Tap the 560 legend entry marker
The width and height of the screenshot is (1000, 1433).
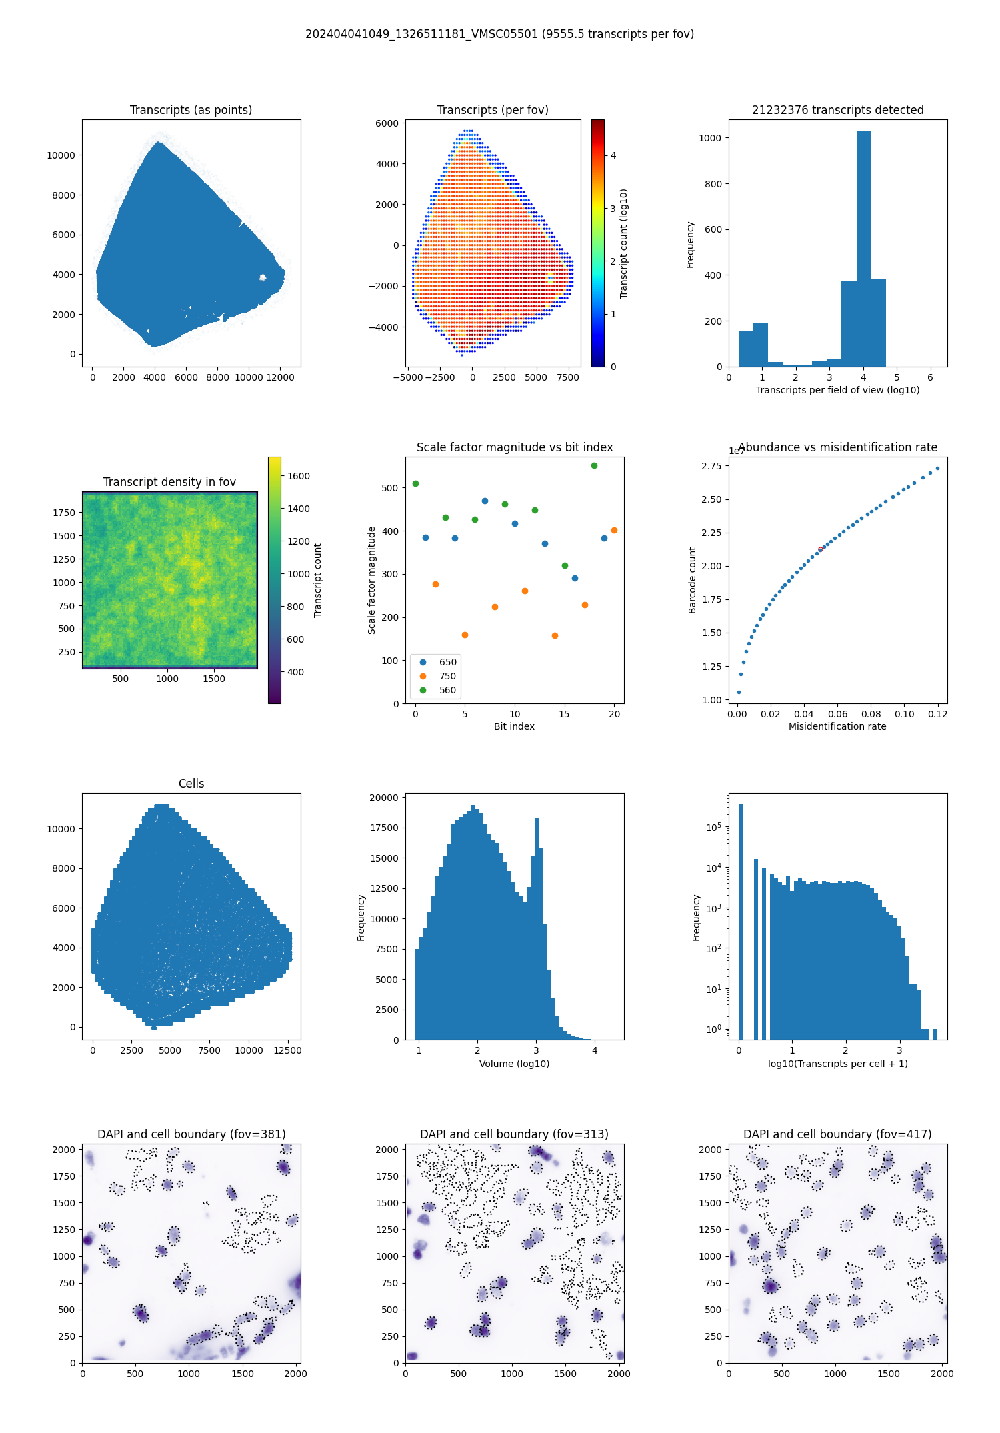tap(423, 690)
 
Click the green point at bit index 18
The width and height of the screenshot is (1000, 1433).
tap(594, 465)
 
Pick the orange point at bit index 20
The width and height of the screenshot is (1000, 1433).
tap(614, 530)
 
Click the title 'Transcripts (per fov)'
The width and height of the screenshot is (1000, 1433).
tap(493, 110)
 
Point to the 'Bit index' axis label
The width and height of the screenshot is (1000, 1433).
tap(514, 726)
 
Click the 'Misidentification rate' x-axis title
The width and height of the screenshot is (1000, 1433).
tap(837, 726)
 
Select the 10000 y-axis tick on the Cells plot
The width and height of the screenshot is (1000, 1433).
tap(61, 829)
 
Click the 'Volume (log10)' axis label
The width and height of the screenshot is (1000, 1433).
tap(514, 1064)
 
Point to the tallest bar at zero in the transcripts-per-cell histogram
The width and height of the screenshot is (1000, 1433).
tap(740, 920)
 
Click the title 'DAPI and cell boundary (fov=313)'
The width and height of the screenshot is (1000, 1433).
tap(514, 1134)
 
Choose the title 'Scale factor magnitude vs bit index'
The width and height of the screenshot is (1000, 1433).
tap(514, 447)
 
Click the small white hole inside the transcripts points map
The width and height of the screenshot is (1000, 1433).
tap(263, 277)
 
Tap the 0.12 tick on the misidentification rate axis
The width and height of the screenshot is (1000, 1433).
tap(937, 714)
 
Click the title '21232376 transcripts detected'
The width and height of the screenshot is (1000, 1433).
tap(837, 110)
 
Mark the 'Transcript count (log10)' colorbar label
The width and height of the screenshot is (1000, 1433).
tap(624, 243)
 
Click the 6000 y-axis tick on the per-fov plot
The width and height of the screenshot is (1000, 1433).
tap(387, 123)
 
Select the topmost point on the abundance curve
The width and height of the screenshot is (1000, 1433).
tap(937, 468)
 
